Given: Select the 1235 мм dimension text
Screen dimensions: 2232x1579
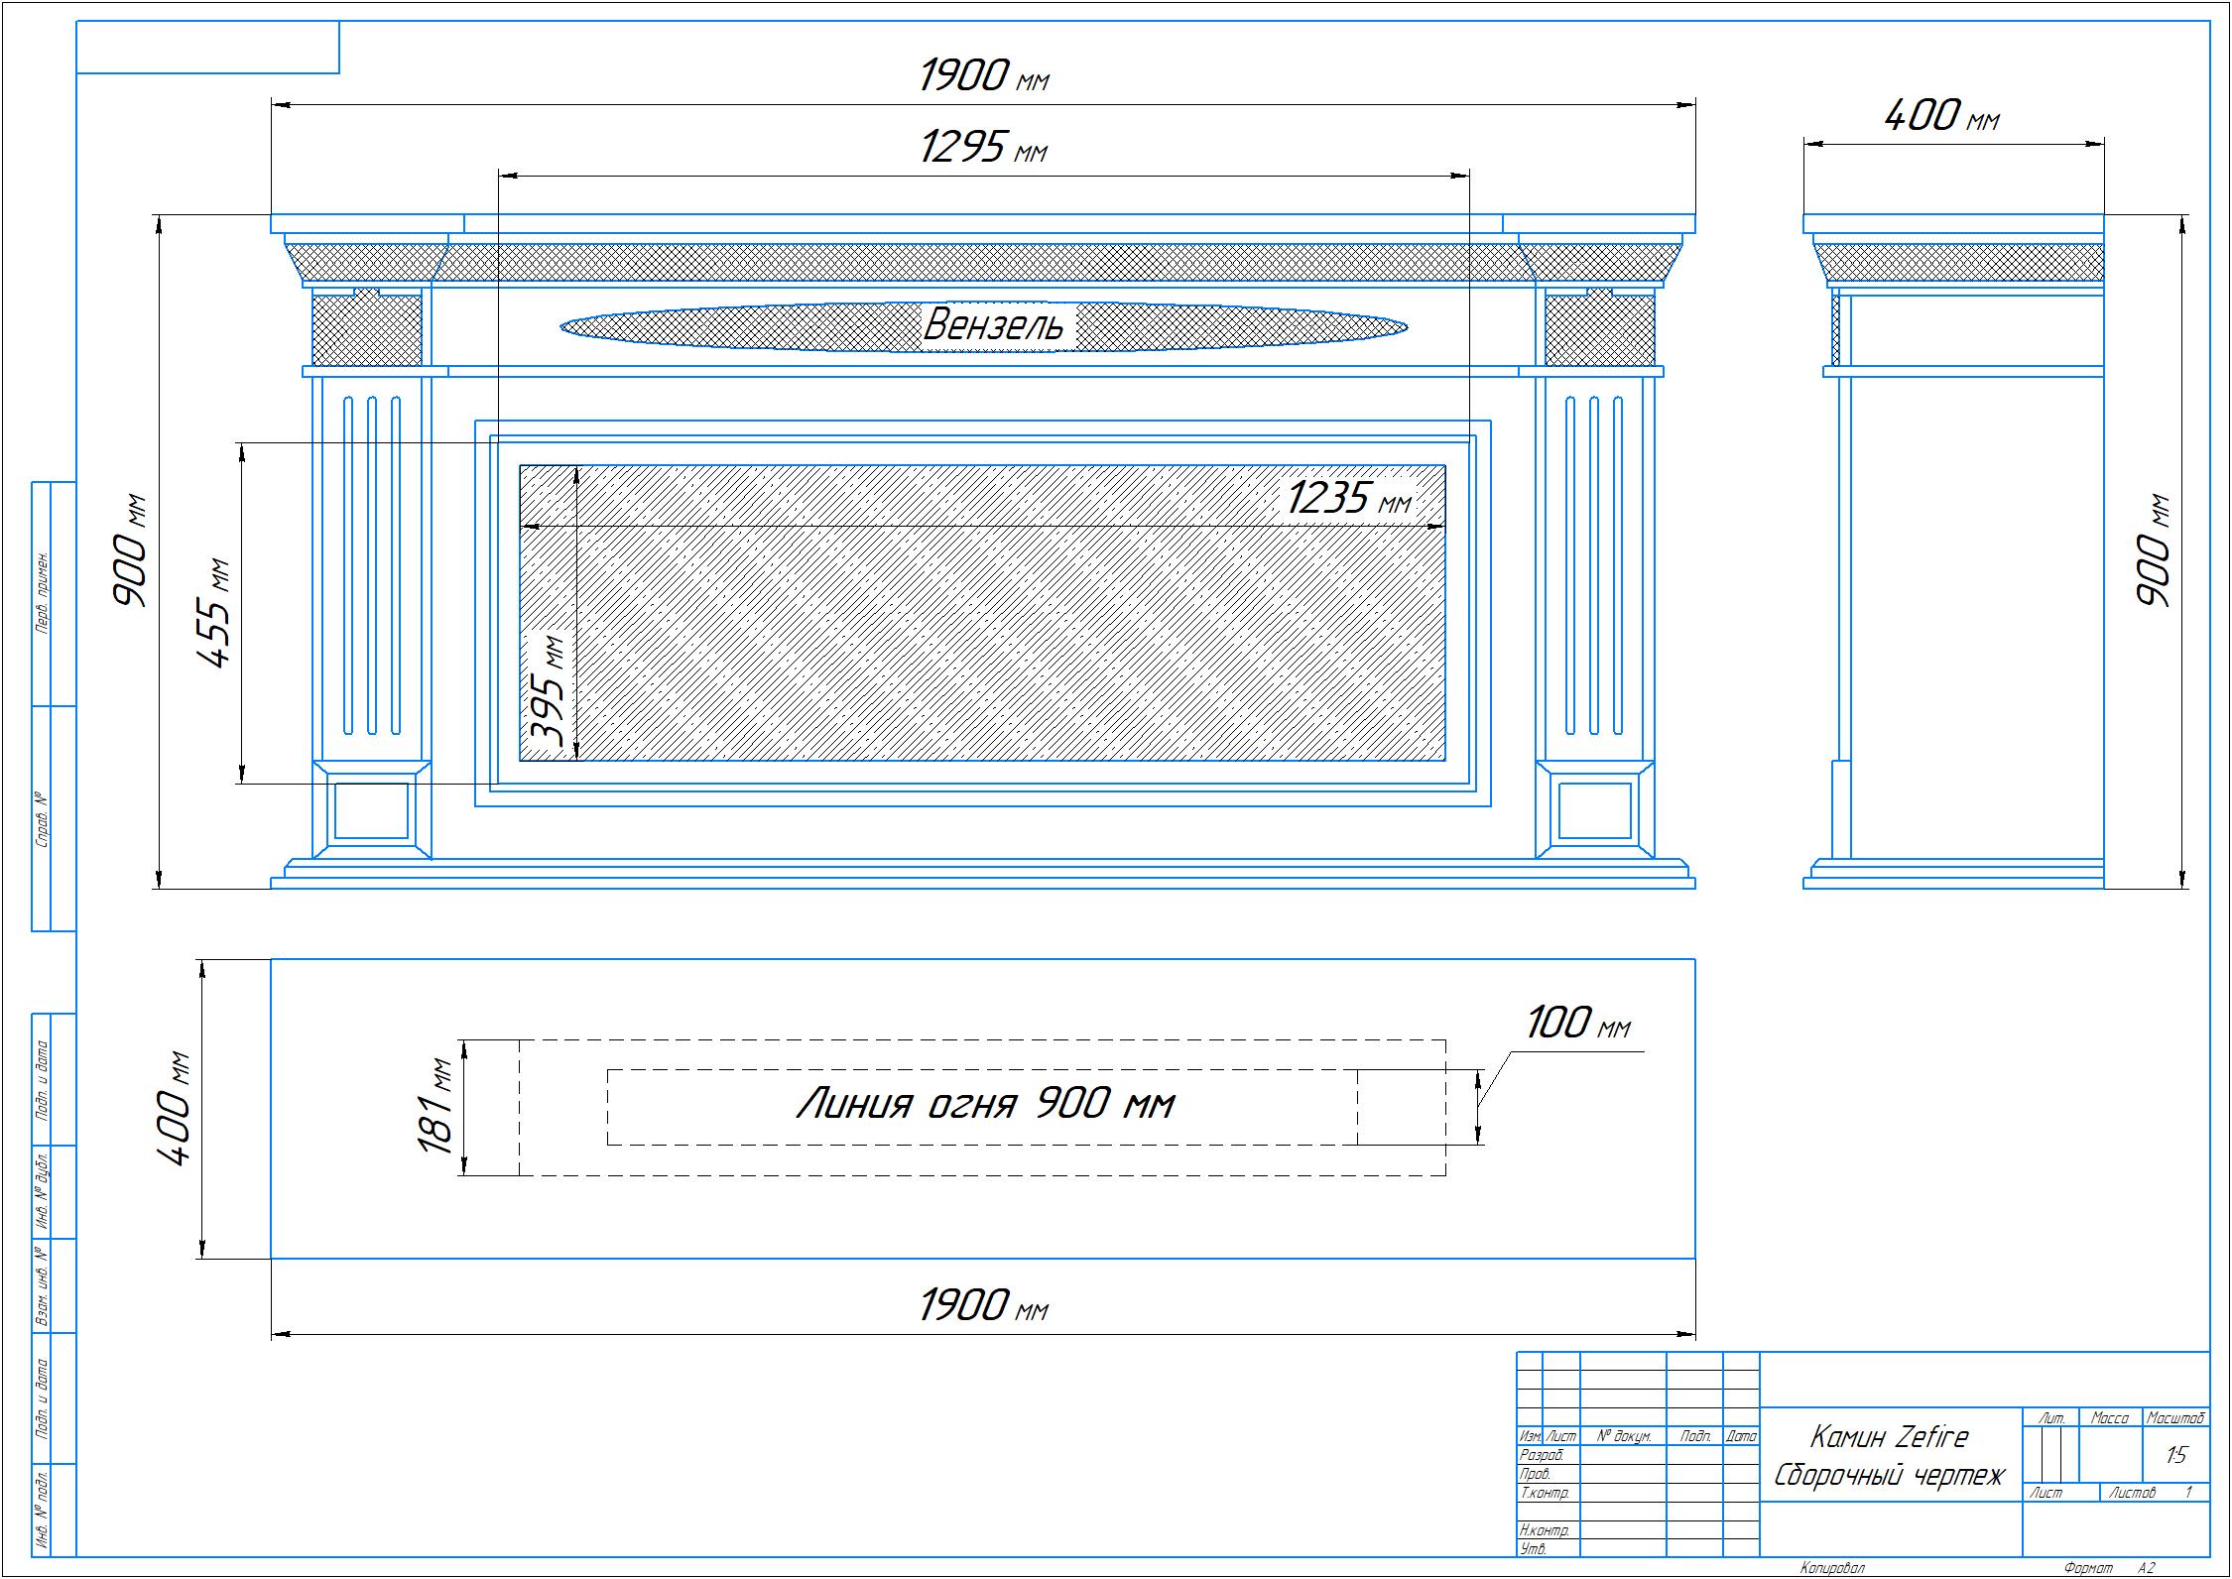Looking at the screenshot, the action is coord(1349,498).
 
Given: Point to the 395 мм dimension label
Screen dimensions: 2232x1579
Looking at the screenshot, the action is coord(548,691).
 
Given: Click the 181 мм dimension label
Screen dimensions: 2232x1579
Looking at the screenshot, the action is coord(436,1106).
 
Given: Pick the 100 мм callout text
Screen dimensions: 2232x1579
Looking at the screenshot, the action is coord(1577,1024).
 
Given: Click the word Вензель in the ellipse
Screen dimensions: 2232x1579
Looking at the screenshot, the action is coord(994,324).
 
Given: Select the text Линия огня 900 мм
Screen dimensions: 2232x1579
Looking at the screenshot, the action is coord(985,1104).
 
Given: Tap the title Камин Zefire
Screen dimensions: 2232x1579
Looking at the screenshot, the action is coord(1889,1437).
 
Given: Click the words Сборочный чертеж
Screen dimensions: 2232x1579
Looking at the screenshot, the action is coord(1889,1475).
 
